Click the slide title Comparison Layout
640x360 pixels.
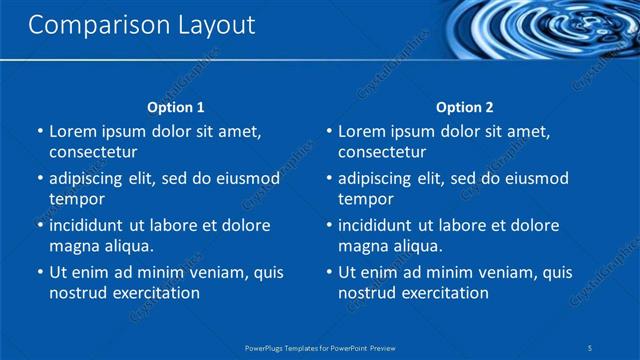click(x=141, y=25)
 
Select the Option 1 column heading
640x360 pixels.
click(x=176, y=107)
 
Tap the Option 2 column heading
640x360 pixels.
click(x=465, y=107)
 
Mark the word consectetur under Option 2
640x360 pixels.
click(x=382, y=152)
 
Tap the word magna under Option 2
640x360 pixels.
click(x=362, y=246)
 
